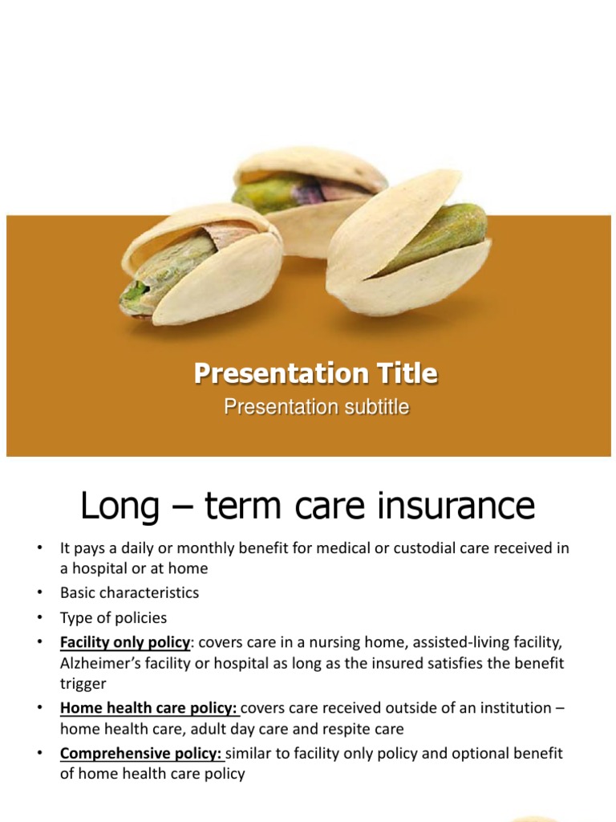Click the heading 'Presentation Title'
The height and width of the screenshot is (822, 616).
click(316, 373)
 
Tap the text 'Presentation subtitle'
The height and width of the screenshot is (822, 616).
click(316, 407)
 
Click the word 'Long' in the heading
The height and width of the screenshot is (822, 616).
click(120, 507)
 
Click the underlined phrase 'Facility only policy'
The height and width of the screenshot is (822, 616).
click(125, 643)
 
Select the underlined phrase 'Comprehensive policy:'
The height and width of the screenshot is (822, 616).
click(141, 754)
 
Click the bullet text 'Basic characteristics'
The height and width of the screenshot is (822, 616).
click(129, 593)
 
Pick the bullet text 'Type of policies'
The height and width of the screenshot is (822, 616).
click(113, 618)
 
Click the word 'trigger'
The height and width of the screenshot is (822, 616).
click(83, 684)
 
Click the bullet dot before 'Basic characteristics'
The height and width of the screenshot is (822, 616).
click(40, 593)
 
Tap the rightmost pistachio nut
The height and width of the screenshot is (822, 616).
click(408, 244)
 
